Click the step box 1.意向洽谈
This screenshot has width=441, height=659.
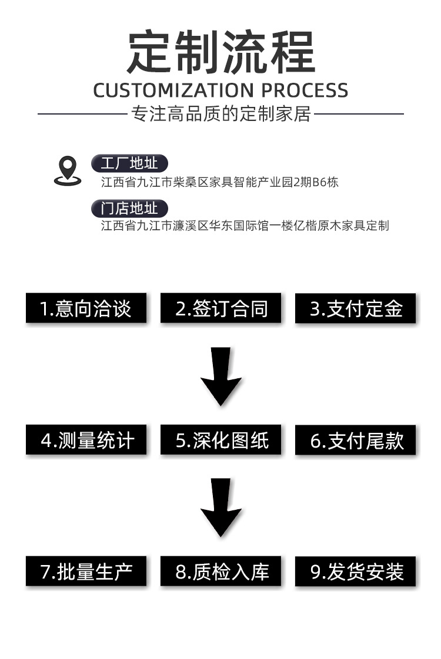[86, 308]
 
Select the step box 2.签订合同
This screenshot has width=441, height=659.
[221, 308]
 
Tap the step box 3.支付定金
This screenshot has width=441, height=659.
[356, 308]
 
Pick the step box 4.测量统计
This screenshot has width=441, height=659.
[86, 440]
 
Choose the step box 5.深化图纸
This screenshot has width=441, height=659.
[221, 440]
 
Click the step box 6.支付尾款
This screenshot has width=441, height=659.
[356, 440]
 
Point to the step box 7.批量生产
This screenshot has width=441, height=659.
[86, 571]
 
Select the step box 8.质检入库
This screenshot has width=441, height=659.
[221, 571]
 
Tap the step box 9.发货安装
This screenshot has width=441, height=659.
[356, 571]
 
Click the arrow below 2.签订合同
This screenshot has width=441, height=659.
[221, 376]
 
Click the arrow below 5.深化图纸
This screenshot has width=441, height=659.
[221, 507]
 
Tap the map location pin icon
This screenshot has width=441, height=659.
[68, 171]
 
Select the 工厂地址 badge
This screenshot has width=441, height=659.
[129, 164]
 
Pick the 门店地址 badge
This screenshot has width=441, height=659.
[129, 209]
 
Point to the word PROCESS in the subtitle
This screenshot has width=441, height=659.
[305, 90]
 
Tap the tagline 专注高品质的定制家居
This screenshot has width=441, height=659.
[221, 113]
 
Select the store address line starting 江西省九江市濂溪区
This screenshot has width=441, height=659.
[245, 226]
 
